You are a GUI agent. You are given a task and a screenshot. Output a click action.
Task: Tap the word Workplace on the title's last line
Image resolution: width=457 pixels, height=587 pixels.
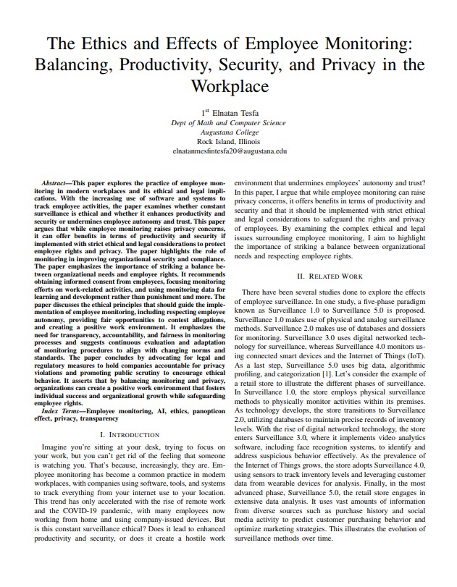pos(229,86)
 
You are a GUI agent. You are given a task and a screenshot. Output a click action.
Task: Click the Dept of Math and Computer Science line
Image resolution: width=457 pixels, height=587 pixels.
pos(229,122)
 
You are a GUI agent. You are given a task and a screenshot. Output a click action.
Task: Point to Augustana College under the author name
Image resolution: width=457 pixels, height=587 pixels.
pos(229,132)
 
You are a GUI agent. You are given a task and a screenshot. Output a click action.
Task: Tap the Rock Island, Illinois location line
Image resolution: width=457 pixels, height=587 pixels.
pos(229,142)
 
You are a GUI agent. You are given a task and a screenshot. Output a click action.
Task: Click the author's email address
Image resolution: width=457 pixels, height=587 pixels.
pos(229,152)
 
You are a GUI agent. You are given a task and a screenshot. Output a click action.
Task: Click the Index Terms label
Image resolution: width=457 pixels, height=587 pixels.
pos(62,410)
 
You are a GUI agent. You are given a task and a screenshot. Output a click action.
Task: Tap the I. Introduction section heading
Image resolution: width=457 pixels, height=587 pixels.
pos(129,434)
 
